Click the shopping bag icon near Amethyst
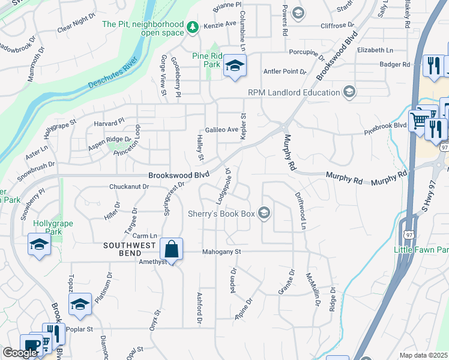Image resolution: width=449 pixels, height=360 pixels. [171, 249]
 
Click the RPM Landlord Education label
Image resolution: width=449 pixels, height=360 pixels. [294, 92]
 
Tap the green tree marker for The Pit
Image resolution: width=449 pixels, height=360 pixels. [193, 27]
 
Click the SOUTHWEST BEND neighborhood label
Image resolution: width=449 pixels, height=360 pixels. [130, 245]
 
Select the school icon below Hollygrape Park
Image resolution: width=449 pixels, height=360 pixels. [39, 244]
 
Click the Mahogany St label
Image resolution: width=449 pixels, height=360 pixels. [221, 252]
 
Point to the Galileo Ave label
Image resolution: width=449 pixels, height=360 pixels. [222, 130]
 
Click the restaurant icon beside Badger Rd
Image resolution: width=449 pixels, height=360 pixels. [433, 65]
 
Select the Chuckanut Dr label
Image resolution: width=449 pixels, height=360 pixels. [129, 187]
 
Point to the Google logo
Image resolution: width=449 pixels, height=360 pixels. [20, 353]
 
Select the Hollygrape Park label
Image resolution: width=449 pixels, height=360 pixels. [53, 227]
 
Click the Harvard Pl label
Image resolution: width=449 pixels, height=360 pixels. [109, 122]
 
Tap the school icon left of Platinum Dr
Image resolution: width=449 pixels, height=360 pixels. [80, 304]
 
